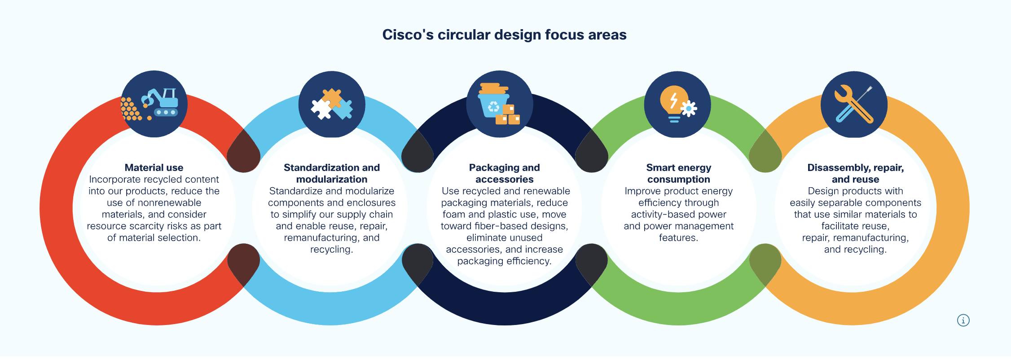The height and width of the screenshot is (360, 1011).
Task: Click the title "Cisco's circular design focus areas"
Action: [504, 35]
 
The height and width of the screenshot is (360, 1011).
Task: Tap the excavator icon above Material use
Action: [154, 104]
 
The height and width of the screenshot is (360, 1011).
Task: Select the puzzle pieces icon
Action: [332, 104]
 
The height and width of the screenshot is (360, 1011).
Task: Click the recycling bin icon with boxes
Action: [499, 104]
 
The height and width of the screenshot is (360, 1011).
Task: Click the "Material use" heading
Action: [154, 168]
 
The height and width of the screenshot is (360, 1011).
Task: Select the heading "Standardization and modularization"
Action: [332, 173]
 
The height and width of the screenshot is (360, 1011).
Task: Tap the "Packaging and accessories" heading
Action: [505, 173]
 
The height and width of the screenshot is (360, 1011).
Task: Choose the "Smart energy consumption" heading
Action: [678, 173]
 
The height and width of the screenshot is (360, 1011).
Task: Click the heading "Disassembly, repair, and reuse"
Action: [855, 173]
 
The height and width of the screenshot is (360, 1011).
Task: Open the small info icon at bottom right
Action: [963, 320]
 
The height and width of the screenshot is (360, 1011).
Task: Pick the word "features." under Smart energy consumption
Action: [678, 238]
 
